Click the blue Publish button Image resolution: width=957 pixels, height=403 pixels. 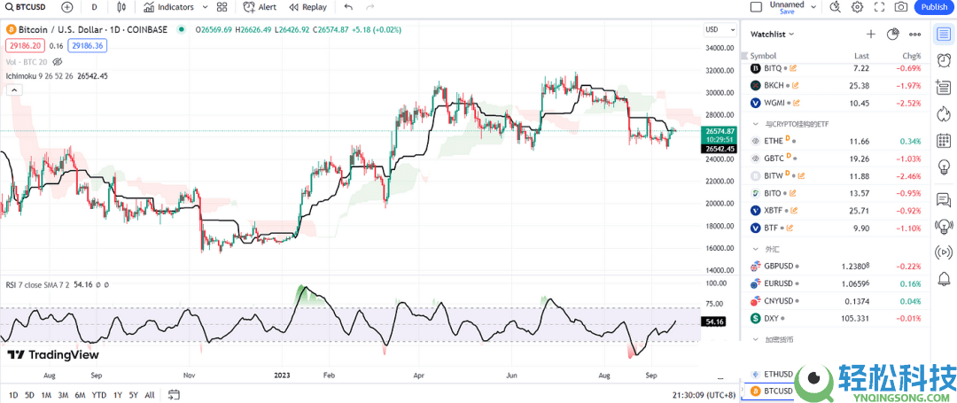click(x=934, y=7)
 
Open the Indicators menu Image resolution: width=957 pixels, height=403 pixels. click(x=169, y=7)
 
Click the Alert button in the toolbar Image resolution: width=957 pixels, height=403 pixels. click(x=260, y=7)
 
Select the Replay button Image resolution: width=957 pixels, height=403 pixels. click(x=307, y=7)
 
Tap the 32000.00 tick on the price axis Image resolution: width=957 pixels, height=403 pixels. click(x=719, y=71)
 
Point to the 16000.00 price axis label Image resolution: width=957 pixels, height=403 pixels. click(x=719, y=249)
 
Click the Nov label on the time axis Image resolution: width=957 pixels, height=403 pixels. click(x=188, y=376)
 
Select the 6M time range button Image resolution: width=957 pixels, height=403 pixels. click(x=80, y=395)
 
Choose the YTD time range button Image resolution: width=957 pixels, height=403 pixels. click(x=99, y=395)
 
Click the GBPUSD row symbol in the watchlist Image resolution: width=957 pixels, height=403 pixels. click(x=779, y=266)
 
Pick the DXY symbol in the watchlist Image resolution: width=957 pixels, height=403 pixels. click(x=772, y=318)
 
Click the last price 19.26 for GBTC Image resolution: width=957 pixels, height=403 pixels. click(x=860, y=159)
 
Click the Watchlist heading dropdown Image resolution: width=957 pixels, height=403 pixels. click(x=772, y=34)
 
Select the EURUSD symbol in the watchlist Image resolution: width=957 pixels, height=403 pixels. click(x=779, y=283)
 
